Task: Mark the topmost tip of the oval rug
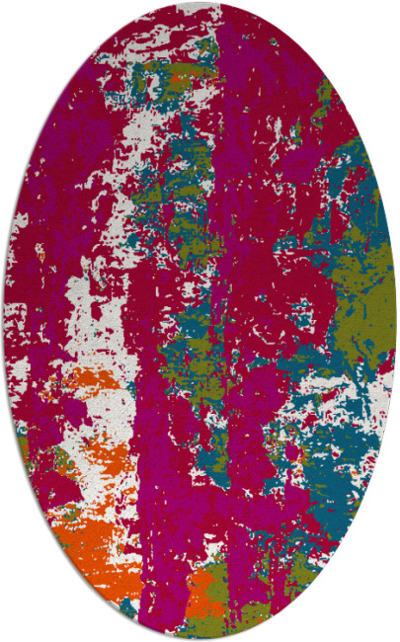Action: click(x=200, y=3)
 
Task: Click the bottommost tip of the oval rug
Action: click(x=200, y=639)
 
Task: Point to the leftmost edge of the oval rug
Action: click(x=4, y=321)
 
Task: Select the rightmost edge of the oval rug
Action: click(x=396, y=321)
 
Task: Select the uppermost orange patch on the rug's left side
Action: click(x=79, y=380)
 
